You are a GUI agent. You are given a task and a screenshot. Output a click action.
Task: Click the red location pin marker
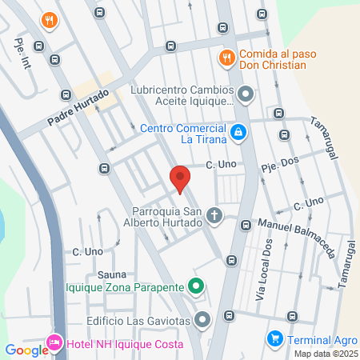tap(180, 179)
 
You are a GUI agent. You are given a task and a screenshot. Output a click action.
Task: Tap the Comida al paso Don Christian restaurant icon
tap(226, 57)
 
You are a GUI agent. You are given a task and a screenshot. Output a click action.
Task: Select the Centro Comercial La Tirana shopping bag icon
tap(238, 131)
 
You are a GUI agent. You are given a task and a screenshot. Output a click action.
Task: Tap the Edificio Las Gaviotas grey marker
tap(202, 320)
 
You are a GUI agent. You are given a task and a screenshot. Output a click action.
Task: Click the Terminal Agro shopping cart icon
tap(274, 338)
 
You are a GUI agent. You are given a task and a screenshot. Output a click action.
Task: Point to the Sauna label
tap(113, 274)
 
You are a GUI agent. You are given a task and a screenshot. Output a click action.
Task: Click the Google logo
tap(26, 350)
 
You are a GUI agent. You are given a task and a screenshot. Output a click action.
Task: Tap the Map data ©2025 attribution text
tap(325, 354)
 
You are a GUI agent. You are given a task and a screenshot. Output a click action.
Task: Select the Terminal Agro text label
tap(319, 338)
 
